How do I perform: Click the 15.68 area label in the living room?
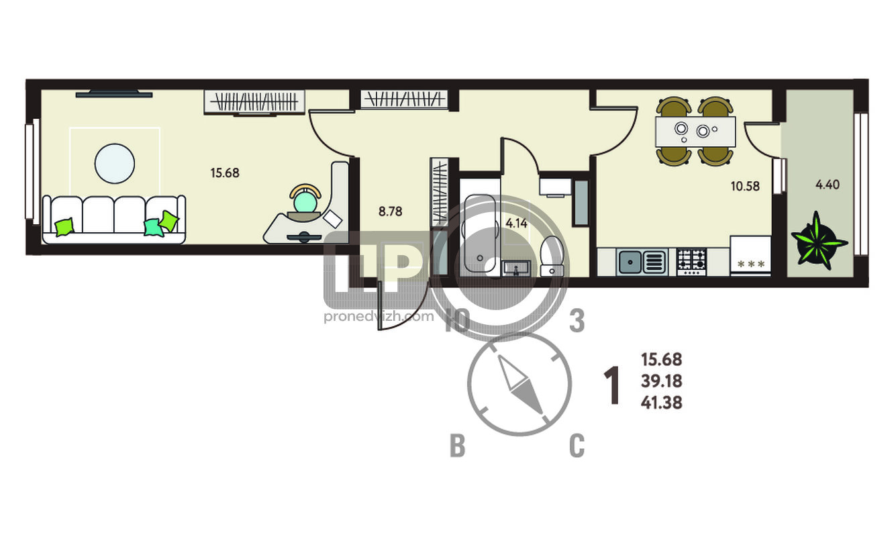pos(225,173)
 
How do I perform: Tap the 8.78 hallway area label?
pos(391,211)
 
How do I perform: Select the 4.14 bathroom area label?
pos(516,223)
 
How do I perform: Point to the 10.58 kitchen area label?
pos(745,186)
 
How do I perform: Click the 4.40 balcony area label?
pos(828,185)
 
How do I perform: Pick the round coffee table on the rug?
pos(115,164)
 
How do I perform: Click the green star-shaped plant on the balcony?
pos(818,241)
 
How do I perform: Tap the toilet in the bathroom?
pos(552,256)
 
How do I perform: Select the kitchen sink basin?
pos(630,262)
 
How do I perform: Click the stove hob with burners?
pos(692,262)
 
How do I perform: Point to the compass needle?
pos(520,385)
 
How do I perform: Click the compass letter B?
pos(457,446)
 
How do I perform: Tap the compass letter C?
pos(577,446)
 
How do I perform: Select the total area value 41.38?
pos(661,403)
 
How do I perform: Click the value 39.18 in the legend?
pos(661,381)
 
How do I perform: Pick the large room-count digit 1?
pos(611,386)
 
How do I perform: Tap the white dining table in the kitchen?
pos(695,132)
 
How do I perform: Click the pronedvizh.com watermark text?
pos(379,317)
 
